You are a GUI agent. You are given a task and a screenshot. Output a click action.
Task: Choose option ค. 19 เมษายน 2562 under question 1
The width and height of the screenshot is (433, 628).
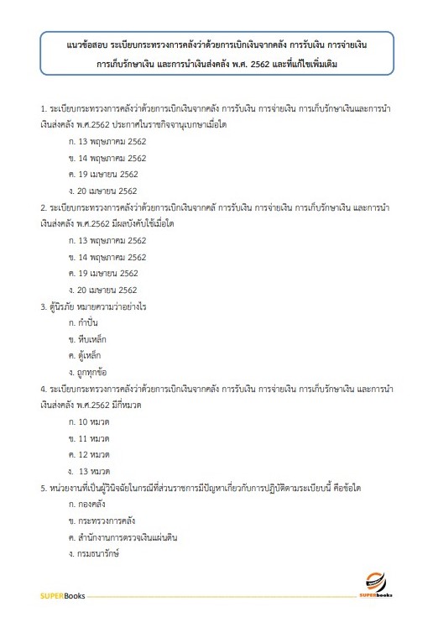point(108,174)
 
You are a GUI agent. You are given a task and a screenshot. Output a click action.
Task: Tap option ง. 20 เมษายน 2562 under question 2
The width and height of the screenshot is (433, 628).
point(108,290)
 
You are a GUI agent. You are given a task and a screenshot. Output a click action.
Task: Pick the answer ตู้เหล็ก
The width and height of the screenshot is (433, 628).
point(92,355)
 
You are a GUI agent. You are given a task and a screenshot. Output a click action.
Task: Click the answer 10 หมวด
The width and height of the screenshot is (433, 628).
point(94,421)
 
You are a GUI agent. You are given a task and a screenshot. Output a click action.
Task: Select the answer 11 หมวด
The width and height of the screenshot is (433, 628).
point(94,437)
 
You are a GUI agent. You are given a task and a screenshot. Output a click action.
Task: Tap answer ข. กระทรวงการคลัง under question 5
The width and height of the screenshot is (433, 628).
point(104,520)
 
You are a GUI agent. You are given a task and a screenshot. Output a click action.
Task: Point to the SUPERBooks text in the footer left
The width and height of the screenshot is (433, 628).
point(59,597)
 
